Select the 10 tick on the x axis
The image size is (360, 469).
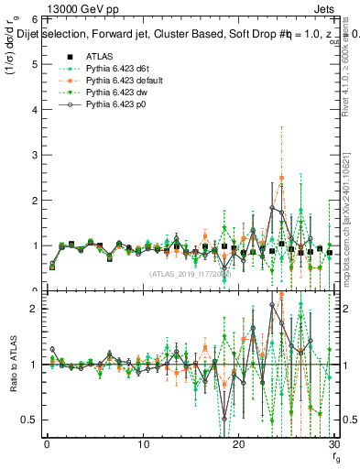click(143, 445)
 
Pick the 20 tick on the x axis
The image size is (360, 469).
click(239, 445)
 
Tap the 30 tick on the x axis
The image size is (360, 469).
click(334, 445)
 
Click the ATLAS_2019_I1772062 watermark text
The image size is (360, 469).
click(191, 274)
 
